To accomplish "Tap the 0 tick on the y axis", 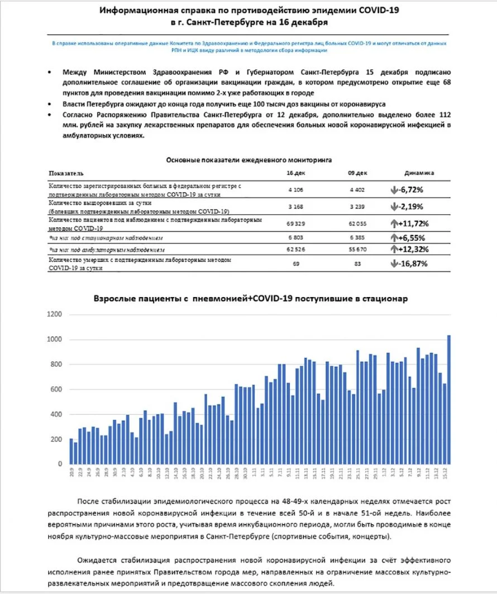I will tap(59, 464).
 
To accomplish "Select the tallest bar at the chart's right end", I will tap(448, 399).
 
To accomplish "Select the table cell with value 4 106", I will tap(295, 190).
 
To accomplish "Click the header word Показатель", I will tap(66, 174).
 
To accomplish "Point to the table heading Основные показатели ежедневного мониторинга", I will tap(249, 160).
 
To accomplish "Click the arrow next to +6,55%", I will tap(395, 237).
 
